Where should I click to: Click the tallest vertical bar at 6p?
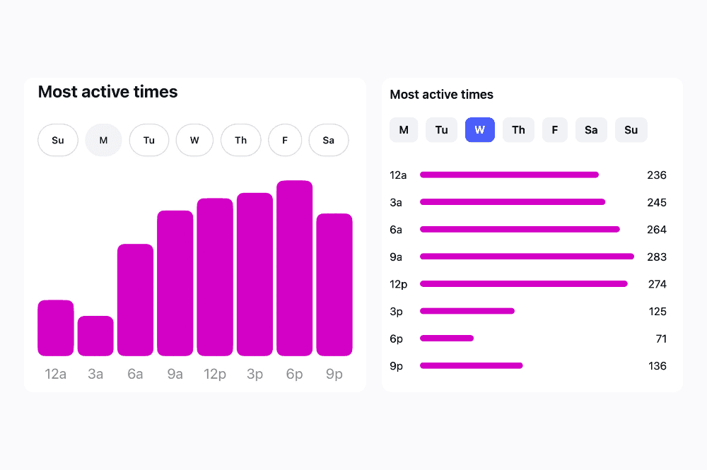[294, 269]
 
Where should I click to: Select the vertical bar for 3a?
[95, 336]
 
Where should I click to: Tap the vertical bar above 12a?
[56, 328]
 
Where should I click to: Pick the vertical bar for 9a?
[175, 283]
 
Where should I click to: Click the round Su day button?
[58, 140]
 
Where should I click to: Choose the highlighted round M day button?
[103, 140]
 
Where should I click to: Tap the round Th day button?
[241, 140]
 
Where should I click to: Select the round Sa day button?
[329, 140]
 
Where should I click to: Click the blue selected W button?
[480, 130]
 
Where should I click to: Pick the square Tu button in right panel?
[441, 130]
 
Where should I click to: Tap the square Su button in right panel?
[631, 130]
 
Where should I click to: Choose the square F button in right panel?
[555, 130]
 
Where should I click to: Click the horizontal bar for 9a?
[527, 257]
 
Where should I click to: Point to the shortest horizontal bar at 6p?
[447, 338]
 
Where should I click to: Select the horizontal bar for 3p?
[467, 311]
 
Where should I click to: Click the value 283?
[657, 257]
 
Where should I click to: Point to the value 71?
[661, 339]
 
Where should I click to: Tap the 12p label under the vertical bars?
[215, 375]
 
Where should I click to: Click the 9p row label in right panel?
[396, 366]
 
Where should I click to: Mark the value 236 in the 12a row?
[657, 175]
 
